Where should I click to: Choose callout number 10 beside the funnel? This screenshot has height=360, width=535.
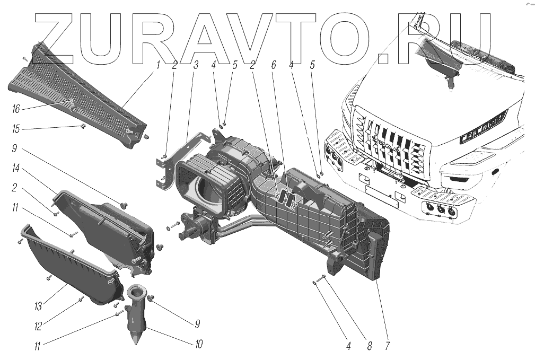tap(198, 344)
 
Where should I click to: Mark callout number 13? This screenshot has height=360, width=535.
tap(39, 306)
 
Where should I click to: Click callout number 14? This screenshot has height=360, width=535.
tap(16, 169)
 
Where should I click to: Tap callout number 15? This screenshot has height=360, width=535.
tap(16, 129)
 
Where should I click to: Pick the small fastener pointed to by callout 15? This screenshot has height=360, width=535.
tap(83, 126)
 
